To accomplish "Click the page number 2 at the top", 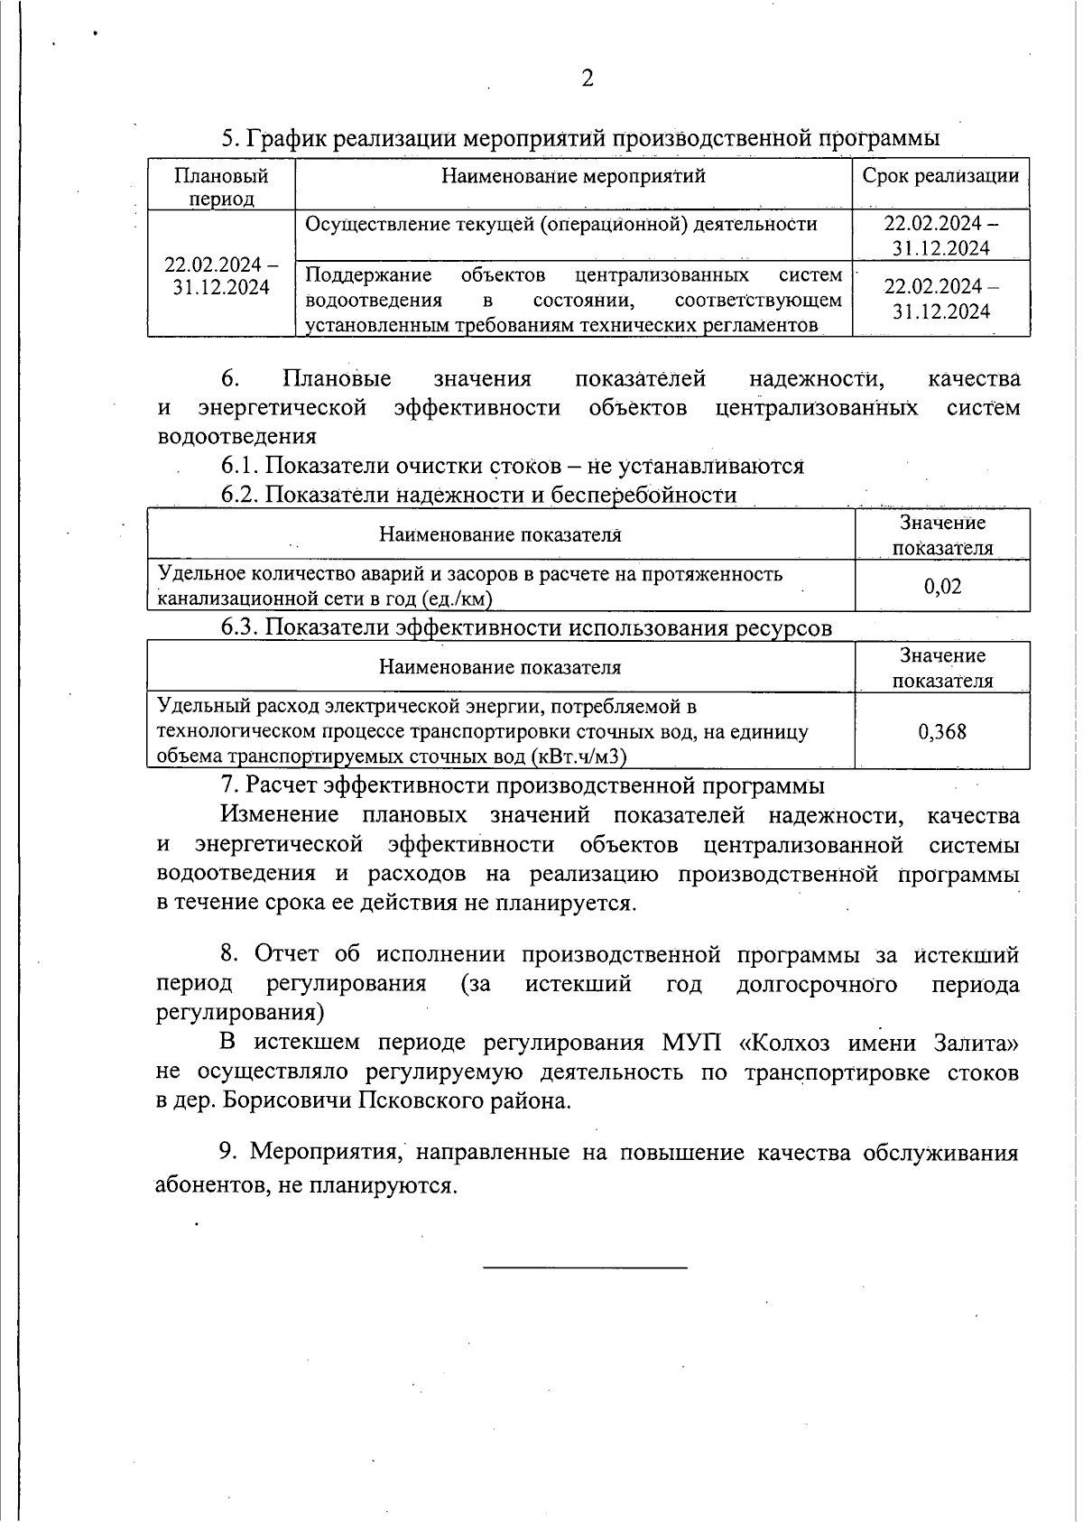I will pos(588,79).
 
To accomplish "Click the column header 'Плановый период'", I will pos(221,186).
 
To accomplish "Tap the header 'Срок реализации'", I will pos(940,175).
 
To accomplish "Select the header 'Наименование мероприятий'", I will pos(573,175).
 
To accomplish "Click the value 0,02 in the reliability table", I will pos(942,586).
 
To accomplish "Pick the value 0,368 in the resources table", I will pos(942,731).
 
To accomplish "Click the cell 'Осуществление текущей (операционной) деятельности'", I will pos(561,224).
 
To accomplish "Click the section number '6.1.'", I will pos(240,466).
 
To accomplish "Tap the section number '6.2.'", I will pos(240,495).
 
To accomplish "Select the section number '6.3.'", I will pos(240,627).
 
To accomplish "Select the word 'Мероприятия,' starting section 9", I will pos(325,1153).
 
